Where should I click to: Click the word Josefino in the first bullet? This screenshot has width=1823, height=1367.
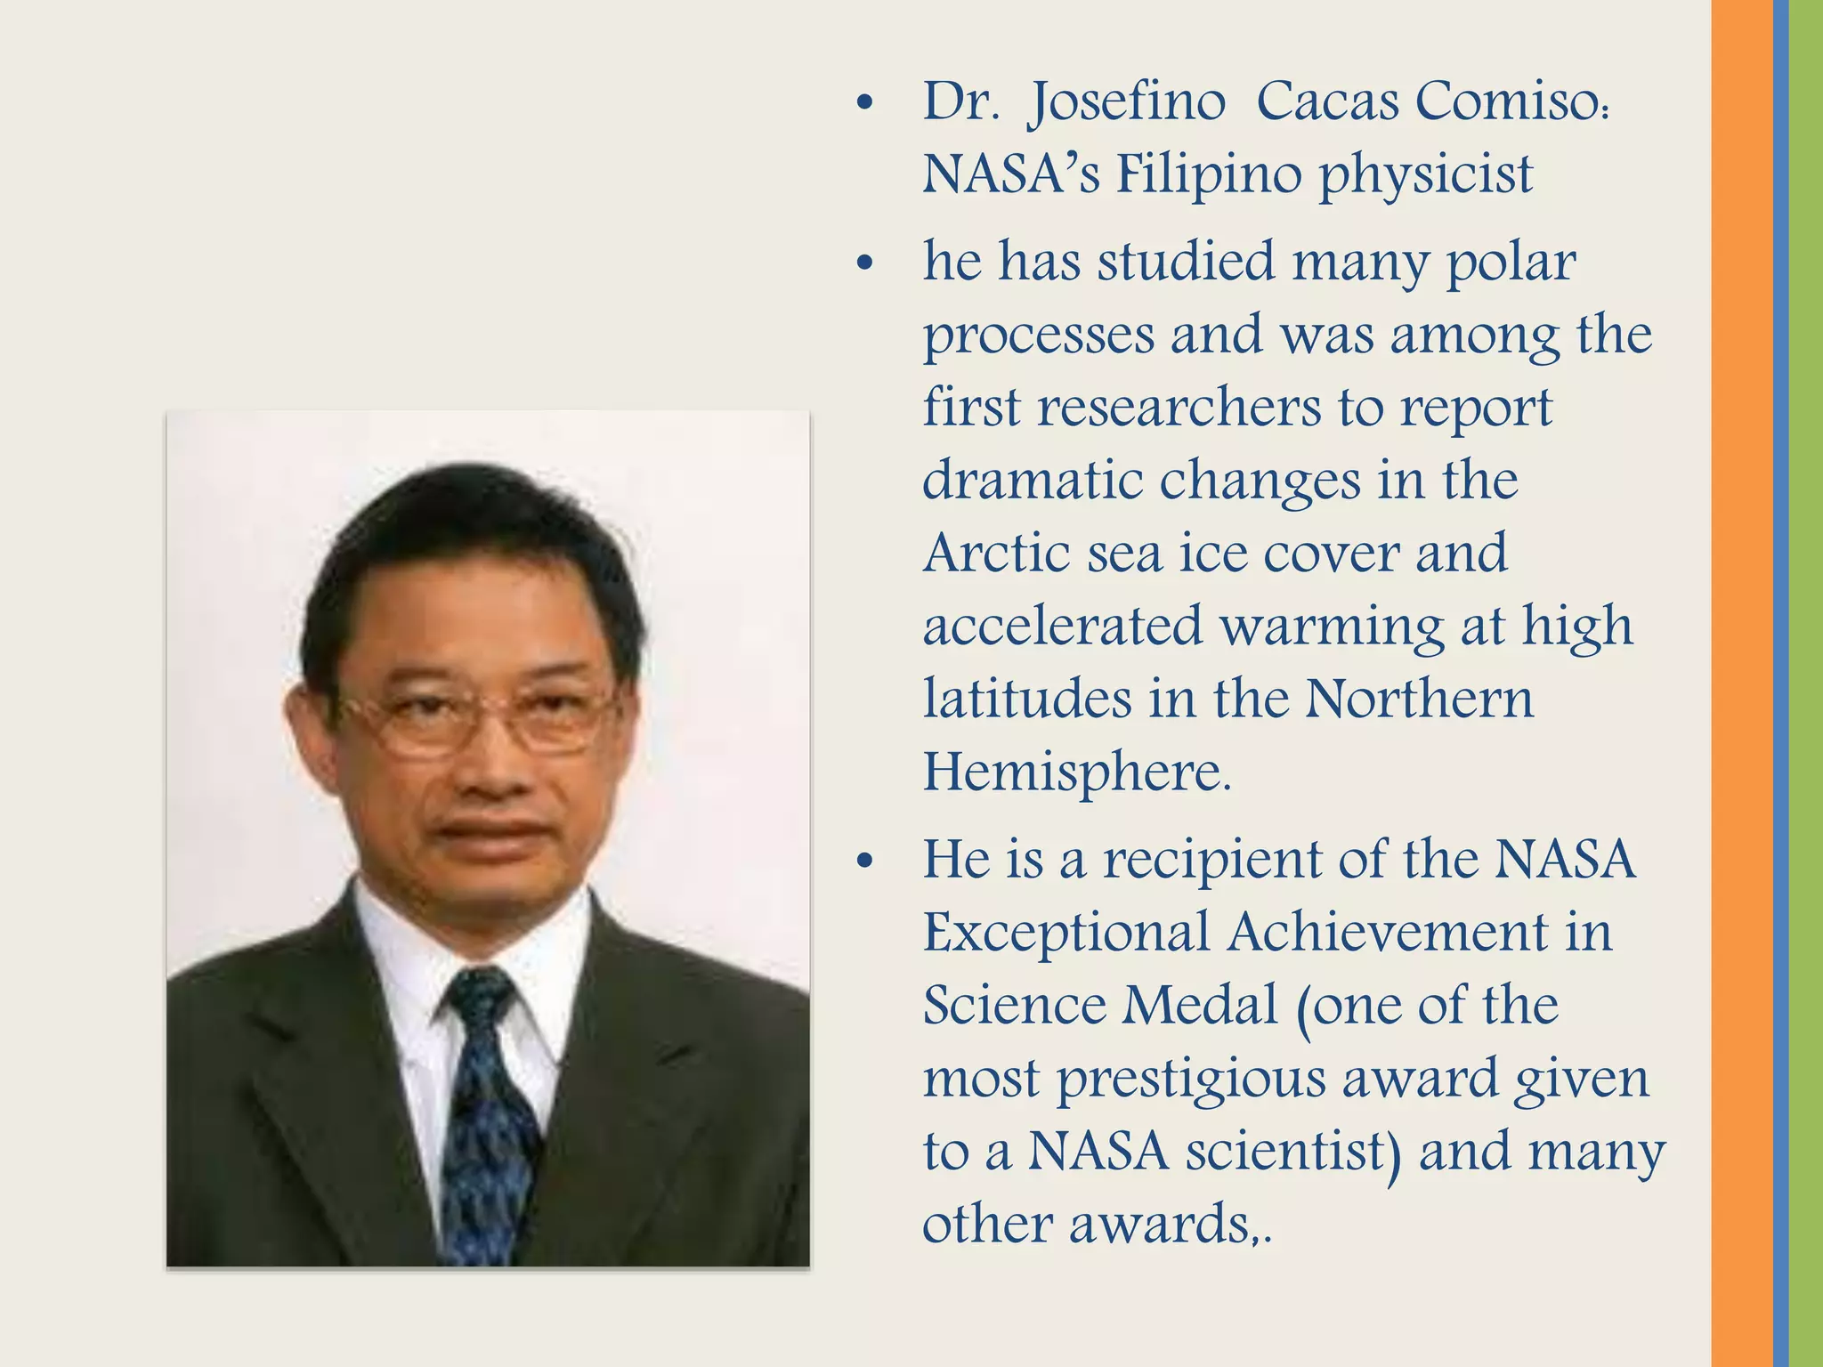click(1126, 102)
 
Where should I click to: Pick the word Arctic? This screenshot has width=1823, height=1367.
click(997, 553)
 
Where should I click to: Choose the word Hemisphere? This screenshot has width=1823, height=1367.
click(1076, 772)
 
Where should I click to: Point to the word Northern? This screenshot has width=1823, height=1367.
click(1419, 699)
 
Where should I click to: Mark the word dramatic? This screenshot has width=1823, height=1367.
click(1033, 481)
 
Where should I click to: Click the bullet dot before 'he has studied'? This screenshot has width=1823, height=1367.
click(863, 265)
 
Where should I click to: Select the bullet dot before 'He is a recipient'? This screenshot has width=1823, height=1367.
click(863, 862)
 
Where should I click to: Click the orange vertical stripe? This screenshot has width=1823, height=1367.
click(1741, 683)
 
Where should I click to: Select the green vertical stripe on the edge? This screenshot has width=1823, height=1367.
click(1806, 683)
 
